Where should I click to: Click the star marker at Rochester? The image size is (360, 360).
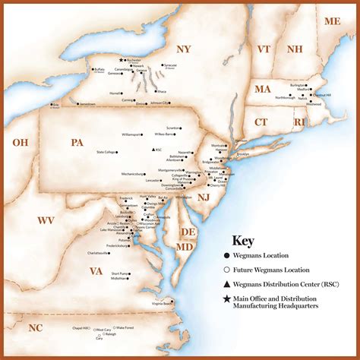coord(121,59)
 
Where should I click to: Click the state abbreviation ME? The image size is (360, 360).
coord(333,21)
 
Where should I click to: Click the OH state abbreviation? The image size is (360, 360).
coord(20,142)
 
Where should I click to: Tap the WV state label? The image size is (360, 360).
coord(46,220)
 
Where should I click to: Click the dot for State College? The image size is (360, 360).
coord(118,153)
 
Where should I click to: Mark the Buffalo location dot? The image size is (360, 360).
coord(92,70)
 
